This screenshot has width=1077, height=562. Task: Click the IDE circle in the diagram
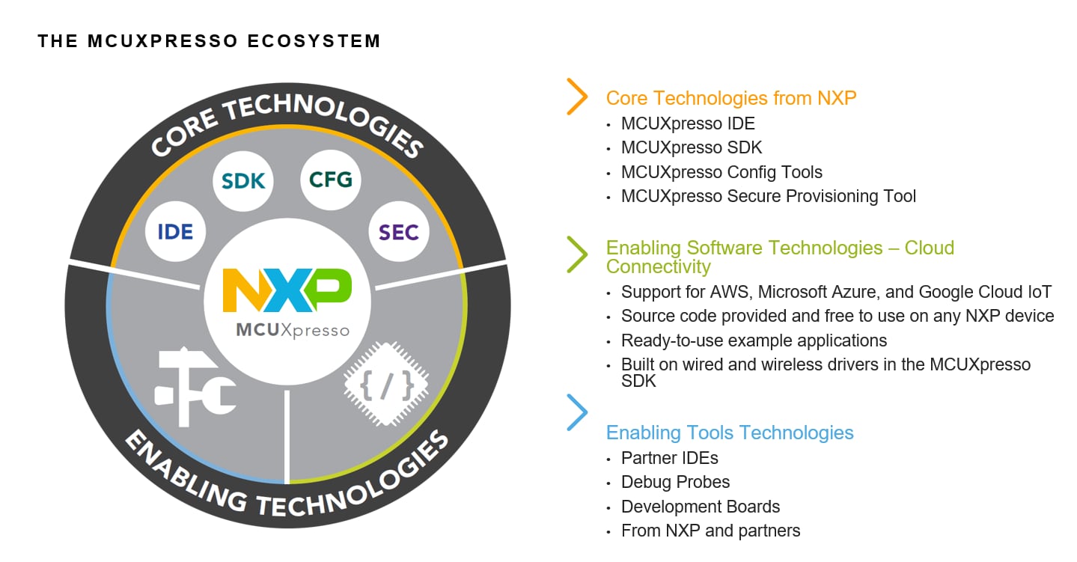[x=175, y=231]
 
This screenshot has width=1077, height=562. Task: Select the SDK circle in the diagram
[x=243, y=180]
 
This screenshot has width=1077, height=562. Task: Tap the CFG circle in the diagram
[x=331, y=180]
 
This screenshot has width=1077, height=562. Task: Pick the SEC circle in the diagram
[x=398, y=232]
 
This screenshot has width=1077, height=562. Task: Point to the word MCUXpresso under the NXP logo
[x=293, y=330]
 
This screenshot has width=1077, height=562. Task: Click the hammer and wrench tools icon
[x=195, y=388]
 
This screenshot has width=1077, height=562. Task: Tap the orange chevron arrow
[x=577, y=97]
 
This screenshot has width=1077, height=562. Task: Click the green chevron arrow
[x=577, y=254]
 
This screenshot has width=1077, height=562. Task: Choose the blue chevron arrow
[x=577, y=412]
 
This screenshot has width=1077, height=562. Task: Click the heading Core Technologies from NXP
[x=730, y=98]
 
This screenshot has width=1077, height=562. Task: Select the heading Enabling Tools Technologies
[x=729, y=433]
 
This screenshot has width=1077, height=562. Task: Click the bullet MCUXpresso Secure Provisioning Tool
[x=768, y=196]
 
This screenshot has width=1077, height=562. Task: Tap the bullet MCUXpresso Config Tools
[x=721, y=172]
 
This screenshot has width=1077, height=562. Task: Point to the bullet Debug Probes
[x=675, y=482]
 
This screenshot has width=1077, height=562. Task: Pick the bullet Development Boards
[x=700, y=507]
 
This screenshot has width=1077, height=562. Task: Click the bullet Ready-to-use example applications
[x=754, y=340]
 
